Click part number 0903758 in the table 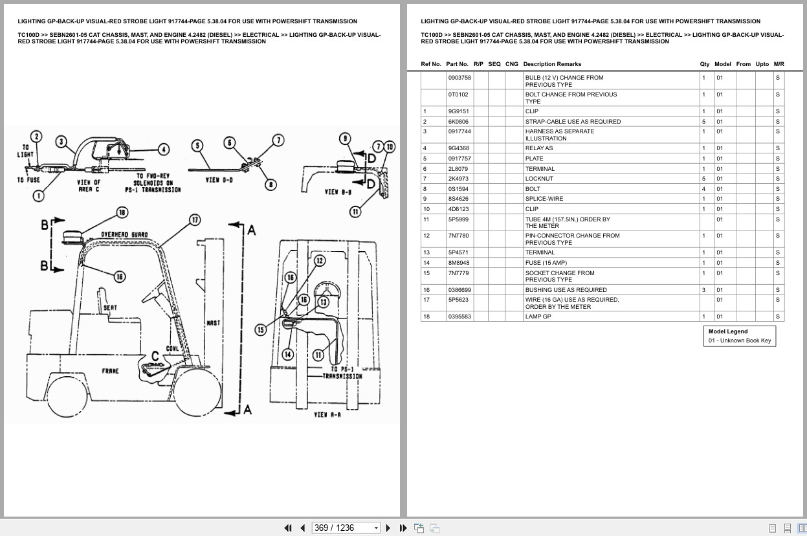[x=459, y=78]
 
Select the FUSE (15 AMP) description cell [x=546, y=263]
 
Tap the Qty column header [x=704, y=64]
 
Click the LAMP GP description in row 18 [x=538, y=317]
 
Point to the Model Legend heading [x=727, y=331]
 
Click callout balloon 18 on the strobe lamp [x=122, y=212]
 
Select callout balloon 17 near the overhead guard [x=194, y=220]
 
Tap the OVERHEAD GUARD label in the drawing [x=124, y=234]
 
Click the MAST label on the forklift [x=213, y=322]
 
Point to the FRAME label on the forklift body [x=111, y=371]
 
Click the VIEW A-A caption [x=327, y=414]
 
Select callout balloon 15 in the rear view [x=260, y=330]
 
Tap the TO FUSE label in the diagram [x=29, y=180]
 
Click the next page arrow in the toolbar [x=388, y=528]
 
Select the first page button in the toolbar [x=288, y=528]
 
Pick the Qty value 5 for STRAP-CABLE [x=703, y=122]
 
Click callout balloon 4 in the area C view [x=164, y=150]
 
